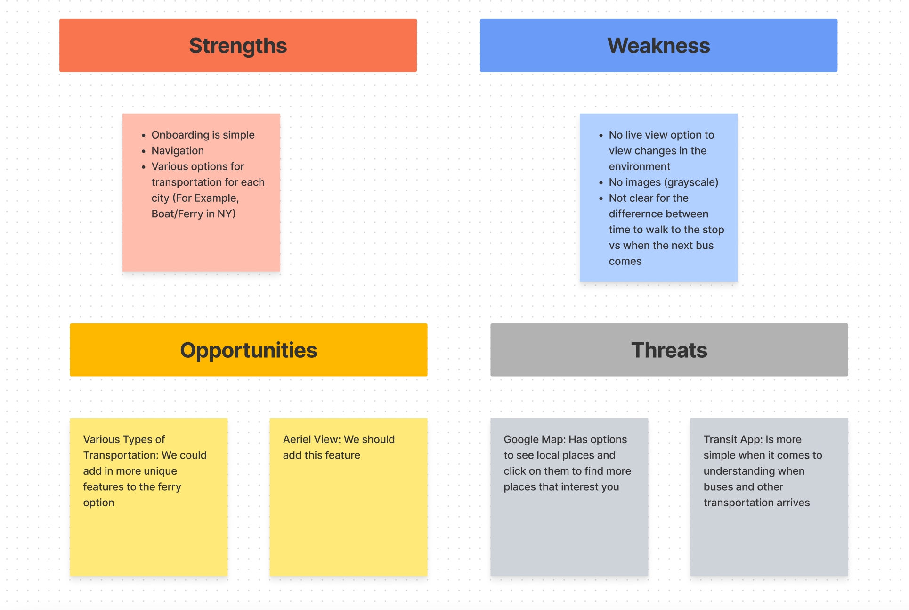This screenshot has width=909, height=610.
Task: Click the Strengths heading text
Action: click(238, 46)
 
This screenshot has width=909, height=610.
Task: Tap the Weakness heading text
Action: click(658, 46)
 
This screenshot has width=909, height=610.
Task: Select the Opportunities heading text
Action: click(248, 350)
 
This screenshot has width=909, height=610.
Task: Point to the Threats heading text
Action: click(669, 350)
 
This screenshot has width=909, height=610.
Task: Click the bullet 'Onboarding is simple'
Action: click(203, 135)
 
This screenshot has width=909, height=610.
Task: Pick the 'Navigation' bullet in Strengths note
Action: click(178, 151)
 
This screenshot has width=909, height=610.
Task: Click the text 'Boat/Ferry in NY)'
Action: click(193, 214)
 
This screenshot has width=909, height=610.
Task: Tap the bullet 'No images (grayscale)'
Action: click(663, 182)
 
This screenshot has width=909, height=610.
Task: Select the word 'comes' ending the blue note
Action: click(625, 262)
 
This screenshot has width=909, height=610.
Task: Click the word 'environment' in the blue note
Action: click(639, 166)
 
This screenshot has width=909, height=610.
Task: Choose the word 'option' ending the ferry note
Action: click(98, 503)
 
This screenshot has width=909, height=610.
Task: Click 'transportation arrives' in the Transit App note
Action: click(756, 503)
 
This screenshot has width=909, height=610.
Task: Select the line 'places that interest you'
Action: click(561, 487)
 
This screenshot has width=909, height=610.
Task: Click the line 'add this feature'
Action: click(321, 455)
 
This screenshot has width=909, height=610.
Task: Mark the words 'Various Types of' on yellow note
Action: click(124, 439)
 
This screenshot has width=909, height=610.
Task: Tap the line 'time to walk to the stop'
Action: click(666, 230)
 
